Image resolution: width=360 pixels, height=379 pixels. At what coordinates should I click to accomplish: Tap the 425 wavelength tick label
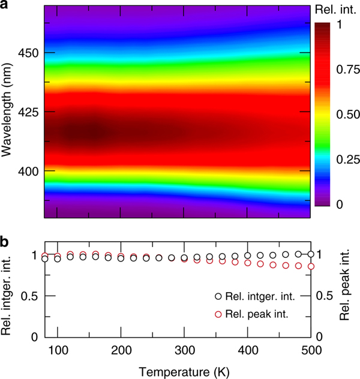coord(27,112)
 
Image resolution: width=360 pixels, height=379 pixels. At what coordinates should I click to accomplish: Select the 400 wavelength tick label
coord(27,171)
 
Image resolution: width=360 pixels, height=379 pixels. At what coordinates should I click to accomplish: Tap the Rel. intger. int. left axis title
coord(8,287)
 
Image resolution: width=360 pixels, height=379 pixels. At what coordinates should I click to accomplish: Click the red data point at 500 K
coord(311,266)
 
